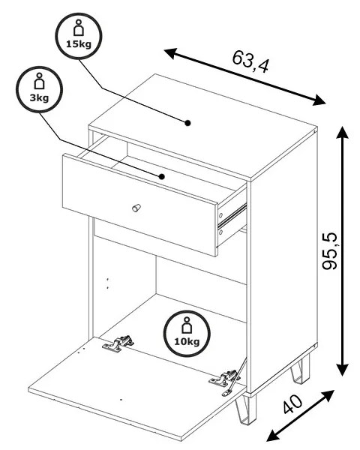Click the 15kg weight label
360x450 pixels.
pos(79,44)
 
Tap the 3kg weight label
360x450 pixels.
pos(39,98)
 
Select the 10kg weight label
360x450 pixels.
pos(187,342)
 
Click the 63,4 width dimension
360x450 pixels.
pos(250,61)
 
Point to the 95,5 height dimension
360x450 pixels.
pos(329,251)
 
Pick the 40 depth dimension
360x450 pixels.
pos(292,404)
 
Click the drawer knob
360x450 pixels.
pos(136,208)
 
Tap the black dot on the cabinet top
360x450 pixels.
pos(187,123)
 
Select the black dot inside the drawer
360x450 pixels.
pos(162,176)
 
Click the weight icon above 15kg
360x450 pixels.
pos(78,28)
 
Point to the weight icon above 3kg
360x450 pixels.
pos(39,81)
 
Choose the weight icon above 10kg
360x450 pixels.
pos(187,325)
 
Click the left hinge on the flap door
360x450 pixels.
pos(118,343)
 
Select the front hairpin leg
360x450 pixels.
pos(245,409)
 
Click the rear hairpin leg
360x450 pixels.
pos(301,369)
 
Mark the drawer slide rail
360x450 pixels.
pos(232,214)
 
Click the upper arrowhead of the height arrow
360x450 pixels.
pos(342,133)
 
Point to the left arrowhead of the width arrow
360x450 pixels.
pos(170,53)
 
